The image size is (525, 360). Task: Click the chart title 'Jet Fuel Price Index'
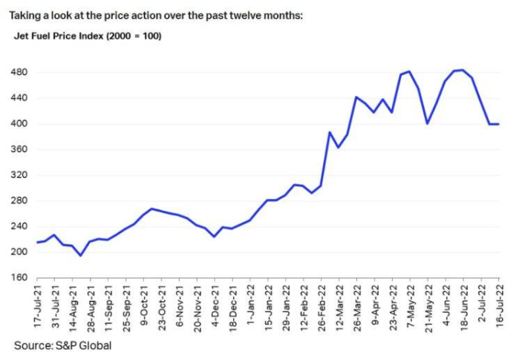62,36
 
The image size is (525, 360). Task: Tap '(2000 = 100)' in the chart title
136,36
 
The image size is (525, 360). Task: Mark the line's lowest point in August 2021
81,255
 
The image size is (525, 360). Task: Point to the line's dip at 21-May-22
427,123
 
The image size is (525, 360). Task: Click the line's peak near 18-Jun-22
462,70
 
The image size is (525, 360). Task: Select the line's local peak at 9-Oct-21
151,209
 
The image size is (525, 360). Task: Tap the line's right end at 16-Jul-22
498,124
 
